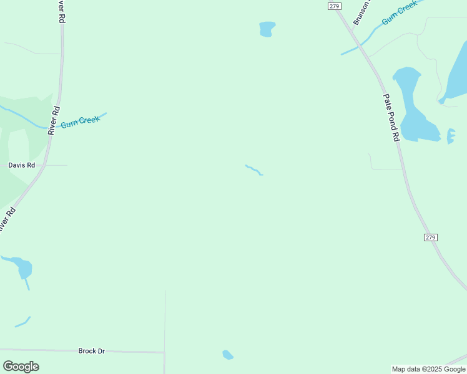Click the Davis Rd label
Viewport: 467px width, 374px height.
[21, 165]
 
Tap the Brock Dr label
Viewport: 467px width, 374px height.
[91, 351]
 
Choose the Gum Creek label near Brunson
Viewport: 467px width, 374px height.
[399, 13]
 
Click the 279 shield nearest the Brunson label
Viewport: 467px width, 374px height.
[334, 6]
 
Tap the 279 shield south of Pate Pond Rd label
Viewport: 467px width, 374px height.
[430, 237]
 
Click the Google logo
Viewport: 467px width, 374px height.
[21, 367]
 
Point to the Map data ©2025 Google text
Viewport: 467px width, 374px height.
[428, 369]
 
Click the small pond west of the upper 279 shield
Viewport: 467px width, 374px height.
[267, 29]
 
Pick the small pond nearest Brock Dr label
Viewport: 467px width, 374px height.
[227, 355]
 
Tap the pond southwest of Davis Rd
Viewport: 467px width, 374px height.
[23, 268]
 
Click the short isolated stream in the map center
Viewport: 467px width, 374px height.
[253, 170]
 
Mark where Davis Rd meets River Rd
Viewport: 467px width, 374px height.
[44, 165]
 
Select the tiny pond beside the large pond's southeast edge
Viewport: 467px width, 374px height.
[451, 135]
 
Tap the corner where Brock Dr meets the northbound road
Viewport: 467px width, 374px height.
[164, 353]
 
